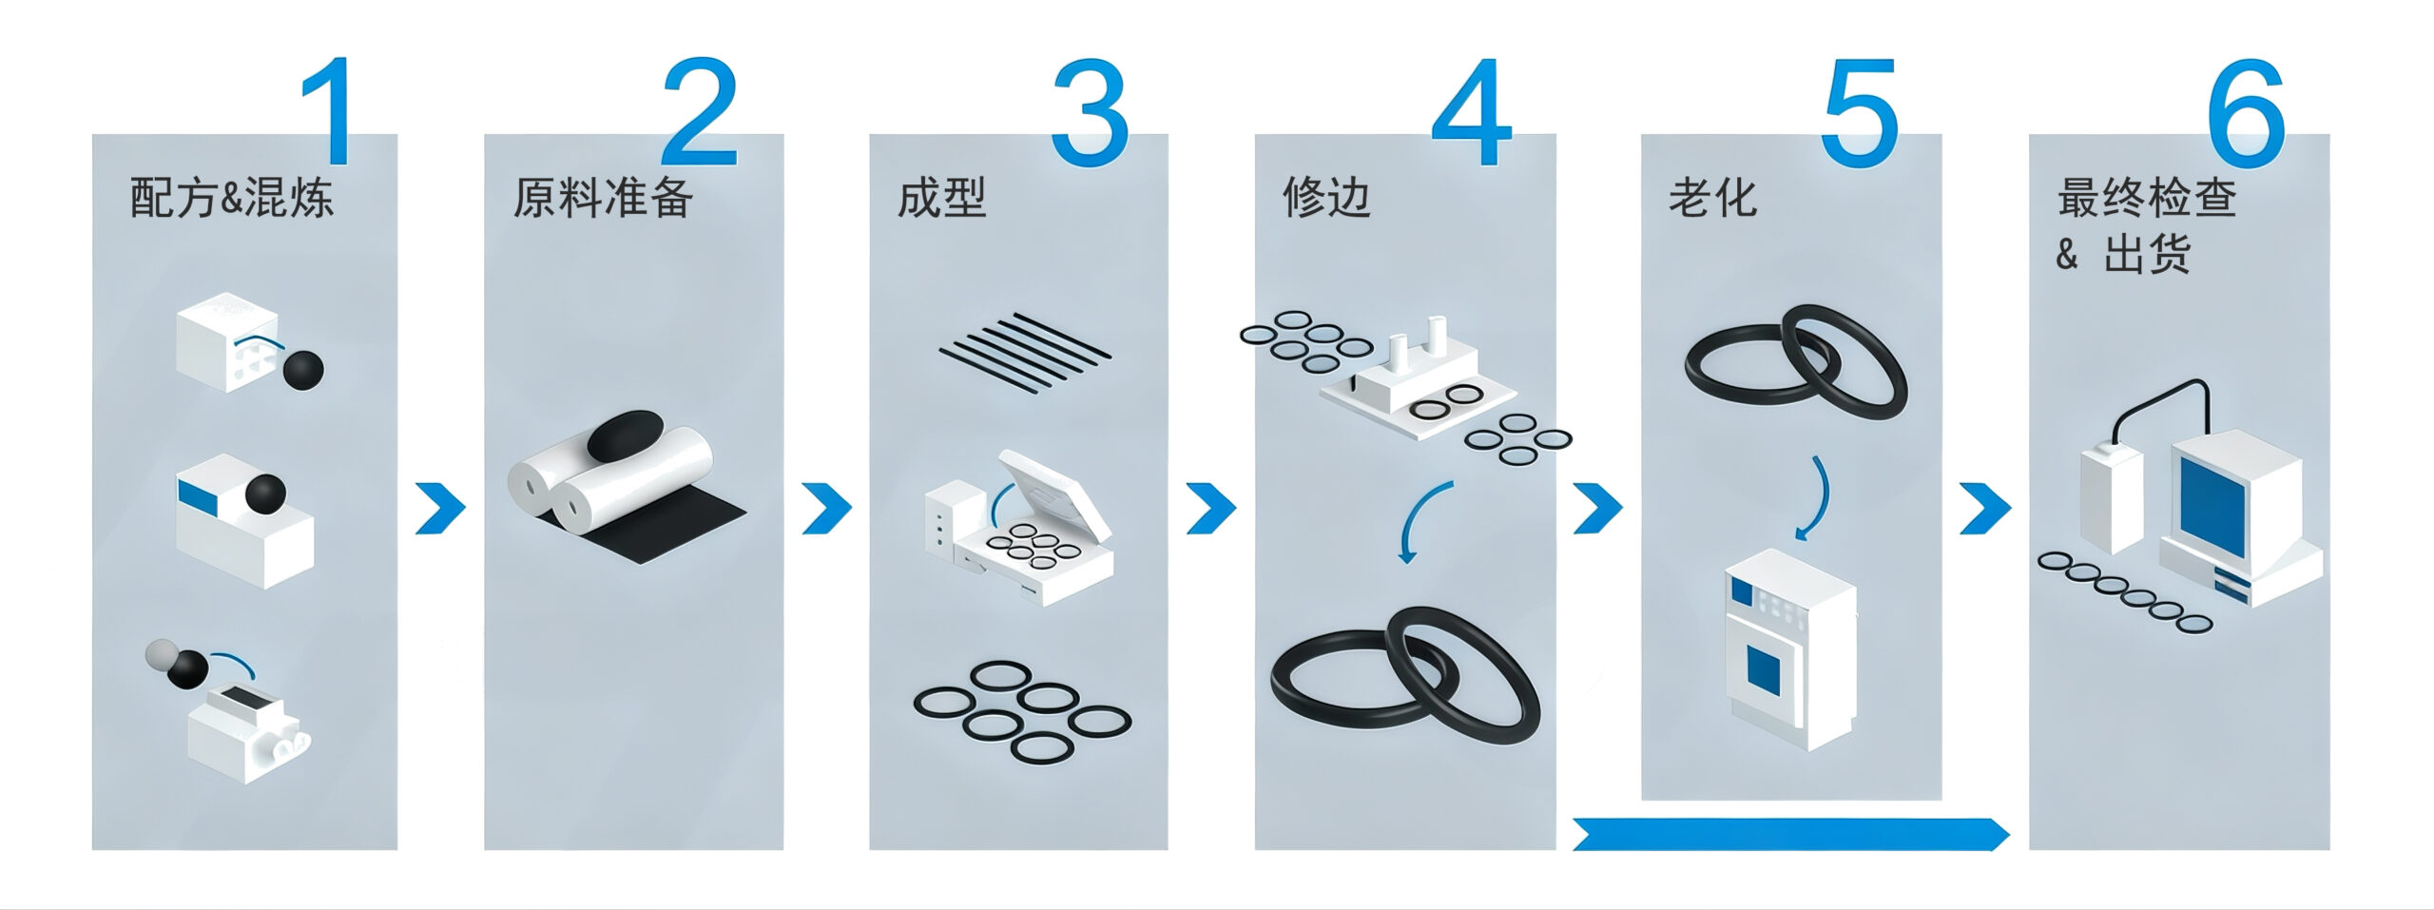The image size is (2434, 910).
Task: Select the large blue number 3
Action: click(x=1090, y=111)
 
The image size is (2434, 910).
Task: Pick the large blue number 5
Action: click(x=1860, y=112)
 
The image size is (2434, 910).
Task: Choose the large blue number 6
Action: click(x=2246, y=111)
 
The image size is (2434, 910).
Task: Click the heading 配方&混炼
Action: click(x=232, y=199)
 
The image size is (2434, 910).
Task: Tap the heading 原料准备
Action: click(x=603, y=199)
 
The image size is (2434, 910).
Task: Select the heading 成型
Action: click(x=942, y=199)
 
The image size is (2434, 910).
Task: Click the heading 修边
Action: click(x=1327, y=199)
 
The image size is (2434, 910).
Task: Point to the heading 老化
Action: click(x=1713, y=199)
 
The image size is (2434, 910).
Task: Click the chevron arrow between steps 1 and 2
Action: click(x=441, y=509)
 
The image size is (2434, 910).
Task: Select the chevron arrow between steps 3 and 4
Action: click(x=1212, y=509)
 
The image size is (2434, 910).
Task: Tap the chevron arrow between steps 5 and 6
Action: click(x=1985, y=509)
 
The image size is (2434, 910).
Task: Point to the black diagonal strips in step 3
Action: click(x=1024, y=353)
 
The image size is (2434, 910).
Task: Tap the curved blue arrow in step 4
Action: click(x=1424, y=521)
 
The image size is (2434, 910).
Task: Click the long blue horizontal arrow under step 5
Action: click(x=1791, y=833)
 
